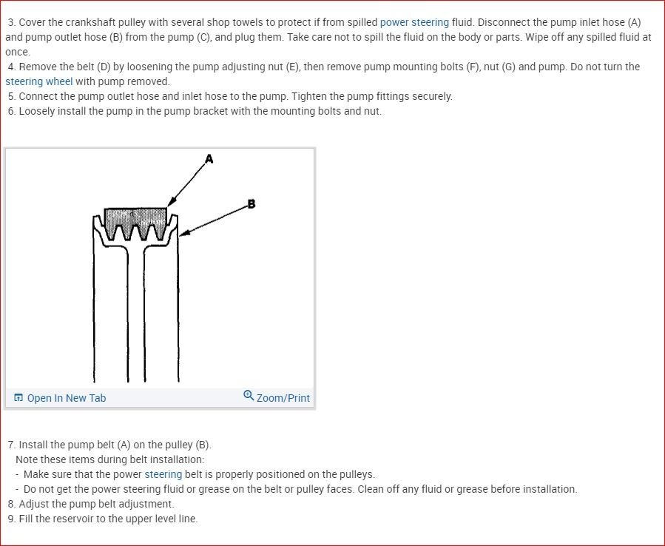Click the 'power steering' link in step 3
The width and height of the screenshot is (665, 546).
[x=414, y=22]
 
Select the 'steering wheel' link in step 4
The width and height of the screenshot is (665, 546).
[x=39, y=81]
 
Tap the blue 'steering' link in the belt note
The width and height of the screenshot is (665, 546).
[x=163, y=474]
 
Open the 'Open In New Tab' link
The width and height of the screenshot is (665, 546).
[x=66, y=398]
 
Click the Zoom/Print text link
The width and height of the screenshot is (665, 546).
[x=283, y=398]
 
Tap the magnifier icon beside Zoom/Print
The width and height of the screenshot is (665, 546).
[x=249, y=396]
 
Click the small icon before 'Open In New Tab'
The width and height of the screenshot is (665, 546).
[x=18, y=398]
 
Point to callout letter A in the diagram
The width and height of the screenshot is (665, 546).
[x=209, y=158]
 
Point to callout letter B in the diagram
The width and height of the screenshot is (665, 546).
[x=252, y=204]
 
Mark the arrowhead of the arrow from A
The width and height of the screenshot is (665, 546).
[x=170, y=203]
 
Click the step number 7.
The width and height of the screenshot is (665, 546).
[x=11, y=445]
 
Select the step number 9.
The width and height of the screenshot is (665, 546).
[x=11, y=519]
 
